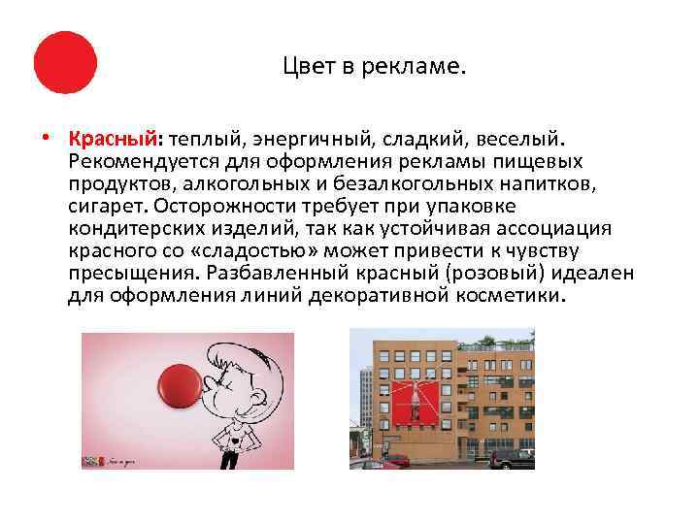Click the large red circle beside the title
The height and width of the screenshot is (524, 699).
65,62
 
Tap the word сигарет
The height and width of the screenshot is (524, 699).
101,206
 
